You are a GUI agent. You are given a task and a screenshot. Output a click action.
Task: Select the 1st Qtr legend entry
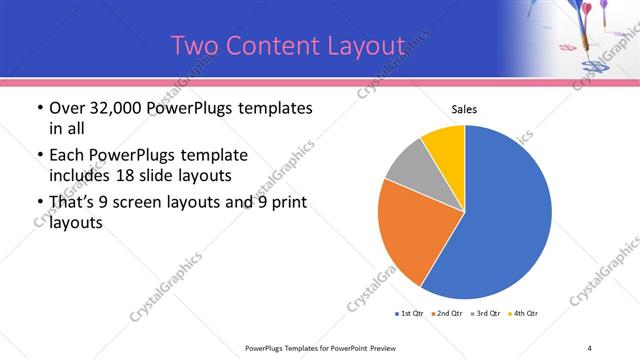tap(409, 314)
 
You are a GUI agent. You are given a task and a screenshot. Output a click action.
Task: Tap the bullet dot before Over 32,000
tap(38, 108)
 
